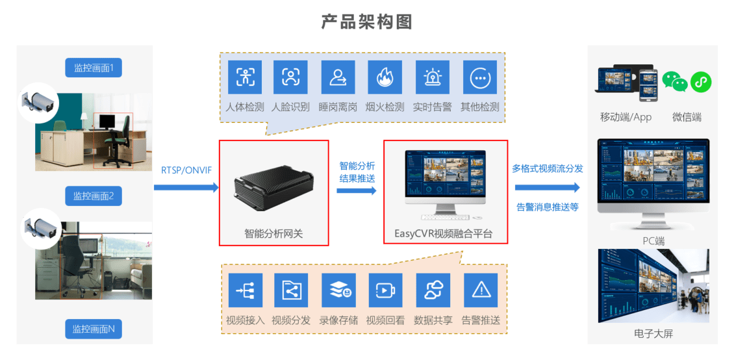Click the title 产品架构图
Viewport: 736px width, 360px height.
367,21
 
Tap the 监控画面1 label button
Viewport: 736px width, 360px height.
94,68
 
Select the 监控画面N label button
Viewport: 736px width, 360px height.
94,329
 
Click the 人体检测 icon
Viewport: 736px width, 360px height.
245,77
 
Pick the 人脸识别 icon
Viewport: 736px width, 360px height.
290,77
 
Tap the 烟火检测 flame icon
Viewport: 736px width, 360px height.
385,77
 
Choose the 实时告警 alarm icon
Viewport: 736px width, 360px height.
432,77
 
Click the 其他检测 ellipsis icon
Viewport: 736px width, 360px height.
479,77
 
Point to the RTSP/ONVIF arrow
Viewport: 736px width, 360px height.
186,187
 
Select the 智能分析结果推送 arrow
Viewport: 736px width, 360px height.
357,190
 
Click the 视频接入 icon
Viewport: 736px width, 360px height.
246,290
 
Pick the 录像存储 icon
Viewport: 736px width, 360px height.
338,290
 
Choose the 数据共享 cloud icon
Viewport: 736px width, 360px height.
433,290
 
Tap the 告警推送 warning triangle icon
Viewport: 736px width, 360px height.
481,290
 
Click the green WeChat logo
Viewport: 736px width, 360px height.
675,82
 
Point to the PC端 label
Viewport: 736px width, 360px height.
653,241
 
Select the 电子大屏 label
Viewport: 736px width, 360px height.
653,333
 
